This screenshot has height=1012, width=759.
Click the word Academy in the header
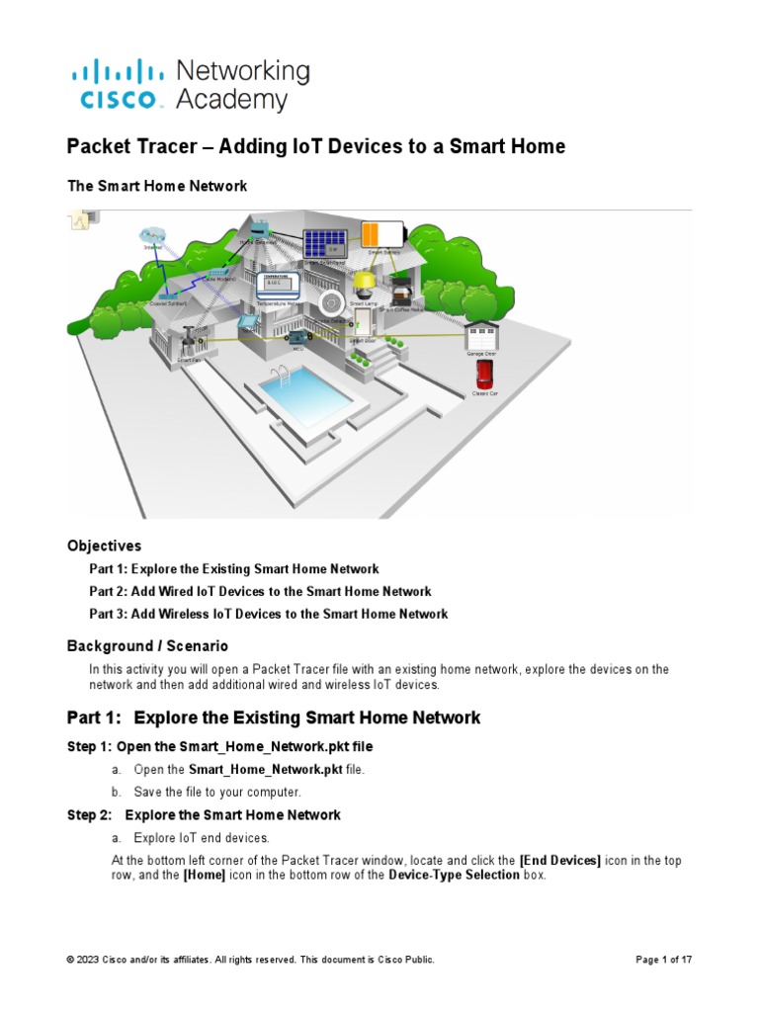pyautogui.click(x=231, y=100)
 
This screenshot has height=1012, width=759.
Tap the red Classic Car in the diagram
pyautogui.click(x=484, y=375)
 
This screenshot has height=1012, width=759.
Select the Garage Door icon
pyautogui.click(x=481, y=335)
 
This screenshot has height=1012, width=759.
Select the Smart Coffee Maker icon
pyautogui.click(x=399, y=293)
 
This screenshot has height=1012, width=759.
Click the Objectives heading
pyautogui.click(x=104, y=546)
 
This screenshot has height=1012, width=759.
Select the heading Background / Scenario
pyautogui.click(x=147, y=646)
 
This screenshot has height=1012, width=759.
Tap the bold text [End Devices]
pyautogui.click(x=559, y=861)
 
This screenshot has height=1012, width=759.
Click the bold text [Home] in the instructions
pyautogui.click(x=205, y=876)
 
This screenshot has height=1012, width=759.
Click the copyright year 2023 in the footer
pyautogui.click(x=91, y=960)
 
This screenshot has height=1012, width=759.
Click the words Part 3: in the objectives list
pyautogui.click(x=108, y=614)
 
